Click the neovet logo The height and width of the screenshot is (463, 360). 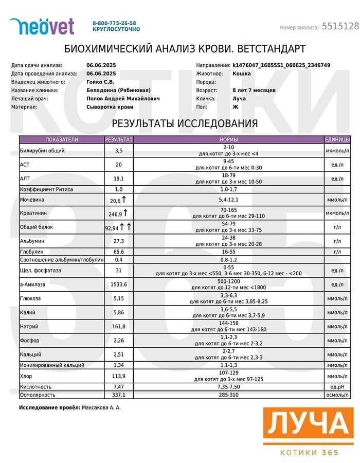[x=42, y=26]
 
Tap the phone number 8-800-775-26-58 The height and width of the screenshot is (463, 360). [x=114, y=23]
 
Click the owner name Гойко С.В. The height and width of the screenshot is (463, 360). [x=100, y=82]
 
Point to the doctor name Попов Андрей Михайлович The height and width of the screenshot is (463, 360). [x=123, y=98]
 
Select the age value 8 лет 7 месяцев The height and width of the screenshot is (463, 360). [x=254, y=90]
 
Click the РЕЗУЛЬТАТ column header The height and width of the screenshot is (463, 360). [x=119, y=139]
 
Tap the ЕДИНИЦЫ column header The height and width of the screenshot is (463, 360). [x=337, y=139]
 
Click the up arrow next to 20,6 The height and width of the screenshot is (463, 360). [x=124, y=199]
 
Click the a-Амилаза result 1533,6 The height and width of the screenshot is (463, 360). [x=119, y=284]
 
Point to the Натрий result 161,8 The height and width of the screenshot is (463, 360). [x=119, y=326]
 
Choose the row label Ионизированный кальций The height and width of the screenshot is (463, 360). [x=52, y=365]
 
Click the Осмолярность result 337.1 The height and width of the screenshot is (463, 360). [x=119, y=395]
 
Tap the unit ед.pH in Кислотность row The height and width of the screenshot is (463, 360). [x=337, y=386]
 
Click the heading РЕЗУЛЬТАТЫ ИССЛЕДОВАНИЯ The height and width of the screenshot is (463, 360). [x=185, y=124]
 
